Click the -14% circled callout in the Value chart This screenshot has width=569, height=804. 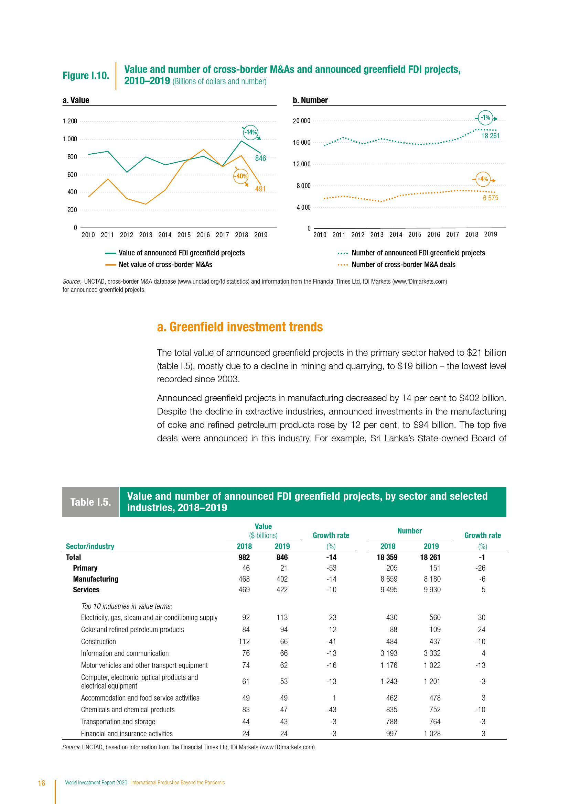(x=250, y=132)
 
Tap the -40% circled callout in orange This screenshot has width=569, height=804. (x=241, y=176)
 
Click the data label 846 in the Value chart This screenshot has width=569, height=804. (x=260, y=158)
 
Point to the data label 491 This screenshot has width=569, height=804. (x=260, y=189)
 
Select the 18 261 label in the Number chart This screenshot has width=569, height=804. (x=490, y=136)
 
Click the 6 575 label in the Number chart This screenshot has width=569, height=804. (x=490, y=198)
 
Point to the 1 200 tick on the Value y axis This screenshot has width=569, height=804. (x=70, y=121)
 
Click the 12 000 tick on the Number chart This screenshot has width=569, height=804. (x=301, y=164)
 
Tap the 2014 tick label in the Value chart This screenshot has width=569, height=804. (x=165, y=235)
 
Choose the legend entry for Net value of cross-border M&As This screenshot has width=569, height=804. (x=165, y=265)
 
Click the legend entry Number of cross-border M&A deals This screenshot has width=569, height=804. (x=403, y=265)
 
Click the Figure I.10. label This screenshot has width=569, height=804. (x=86, y=76)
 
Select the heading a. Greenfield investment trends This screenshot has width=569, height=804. (x=240, y=327)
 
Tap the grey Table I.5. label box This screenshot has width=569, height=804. (x=90, y=502)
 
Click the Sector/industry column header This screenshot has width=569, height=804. (x=90, y=546)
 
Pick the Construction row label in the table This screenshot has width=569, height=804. (x=98, y=641)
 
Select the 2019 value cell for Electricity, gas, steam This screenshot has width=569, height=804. (x=282, y=617)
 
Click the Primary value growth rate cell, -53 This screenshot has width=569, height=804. (x=331, y=568)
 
